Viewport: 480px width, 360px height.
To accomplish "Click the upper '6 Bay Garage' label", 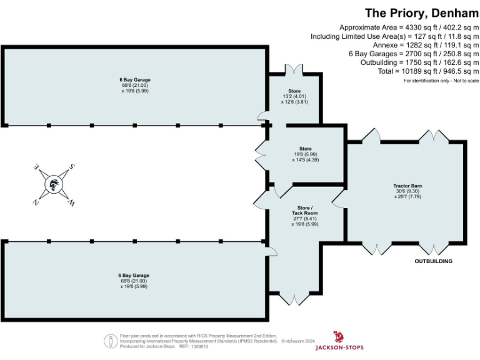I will [135, 80].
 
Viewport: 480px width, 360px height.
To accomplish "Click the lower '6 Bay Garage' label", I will [134, 275].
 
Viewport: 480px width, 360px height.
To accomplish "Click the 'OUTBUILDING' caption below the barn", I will [434, 261].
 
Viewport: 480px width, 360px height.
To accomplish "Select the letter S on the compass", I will [72, 167].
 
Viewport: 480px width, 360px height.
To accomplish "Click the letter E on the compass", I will [36, 167].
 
